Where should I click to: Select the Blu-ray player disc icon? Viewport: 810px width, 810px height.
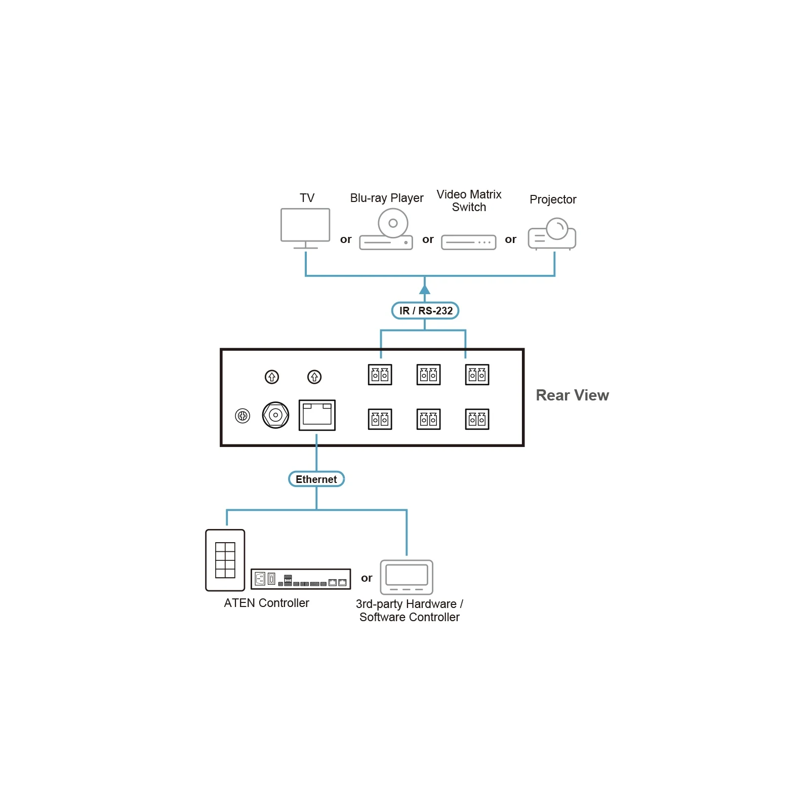pos(393,223)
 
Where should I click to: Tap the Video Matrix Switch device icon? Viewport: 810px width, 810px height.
pos(468,242)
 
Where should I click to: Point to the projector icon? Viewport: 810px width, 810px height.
pos(552,234)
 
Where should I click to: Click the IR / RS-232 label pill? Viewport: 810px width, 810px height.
pos(425,310)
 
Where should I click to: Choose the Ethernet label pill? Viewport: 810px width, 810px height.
pos(316,479)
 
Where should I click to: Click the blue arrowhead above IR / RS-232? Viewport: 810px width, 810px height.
pos(425,289)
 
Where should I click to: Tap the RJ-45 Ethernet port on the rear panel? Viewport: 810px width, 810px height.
pos(317,415)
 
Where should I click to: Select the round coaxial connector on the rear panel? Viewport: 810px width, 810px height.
pos(275,415)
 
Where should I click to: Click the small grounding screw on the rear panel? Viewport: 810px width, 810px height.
pos(242,416)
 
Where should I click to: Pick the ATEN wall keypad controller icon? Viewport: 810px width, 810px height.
pos(225,560)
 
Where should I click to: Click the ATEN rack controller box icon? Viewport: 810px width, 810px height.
pos(301,579)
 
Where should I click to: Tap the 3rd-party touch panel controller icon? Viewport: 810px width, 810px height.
pos(407,577)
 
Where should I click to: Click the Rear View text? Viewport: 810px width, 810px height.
pos(572,395)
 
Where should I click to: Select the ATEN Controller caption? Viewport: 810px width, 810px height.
pos(266,603)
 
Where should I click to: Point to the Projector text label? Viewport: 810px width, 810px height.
pos(553,199)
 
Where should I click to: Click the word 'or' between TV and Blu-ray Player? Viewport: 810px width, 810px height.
pos(346,239)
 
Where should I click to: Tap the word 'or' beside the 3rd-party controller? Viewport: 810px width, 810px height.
pos(367,578)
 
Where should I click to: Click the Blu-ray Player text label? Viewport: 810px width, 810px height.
pos(387,198)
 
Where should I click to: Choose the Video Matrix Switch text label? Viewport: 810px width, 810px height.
pos(469,201)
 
